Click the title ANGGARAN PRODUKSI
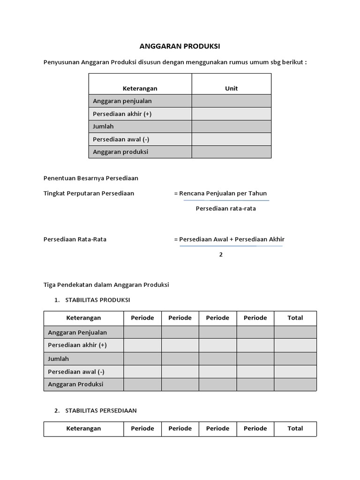180,46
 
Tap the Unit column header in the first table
232,88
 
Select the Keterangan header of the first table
140,88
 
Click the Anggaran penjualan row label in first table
122,101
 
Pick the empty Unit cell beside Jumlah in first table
232,127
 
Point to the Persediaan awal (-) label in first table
121,139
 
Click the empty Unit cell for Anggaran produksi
232,152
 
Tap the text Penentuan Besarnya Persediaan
90,178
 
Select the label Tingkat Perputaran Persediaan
89,193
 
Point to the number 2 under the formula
221,255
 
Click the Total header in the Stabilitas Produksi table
295,318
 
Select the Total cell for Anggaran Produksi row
295,384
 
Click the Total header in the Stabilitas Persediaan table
295,428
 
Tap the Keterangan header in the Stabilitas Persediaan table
83,428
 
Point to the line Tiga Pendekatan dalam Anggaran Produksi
106,285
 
